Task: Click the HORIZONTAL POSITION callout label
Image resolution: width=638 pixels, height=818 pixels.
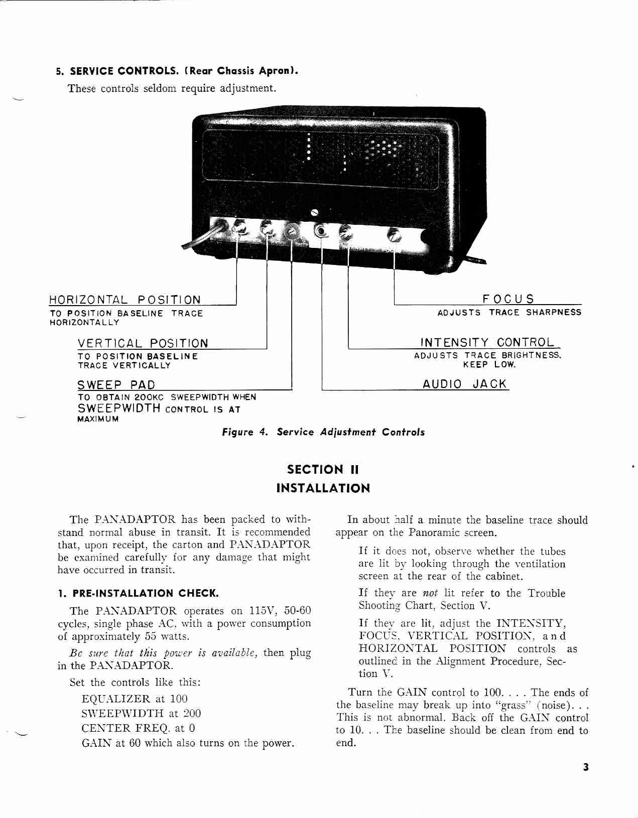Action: tap(124, 300)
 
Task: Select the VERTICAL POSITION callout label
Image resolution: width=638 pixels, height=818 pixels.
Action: tap(143, 343)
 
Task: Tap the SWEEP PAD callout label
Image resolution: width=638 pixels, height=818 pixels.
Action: tap(116, 385)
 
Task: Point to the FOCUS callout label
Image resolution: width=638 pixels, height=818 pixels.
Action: tap(508, 299)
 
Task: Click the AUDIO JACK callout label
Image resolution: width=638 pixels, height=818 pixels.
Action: tap(465, 384)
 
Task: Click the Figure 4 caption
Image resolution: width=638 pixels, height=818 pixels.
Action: tap(323, 432)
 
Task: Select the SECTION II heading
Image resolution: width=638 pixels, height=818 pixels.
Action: tap(323, 469)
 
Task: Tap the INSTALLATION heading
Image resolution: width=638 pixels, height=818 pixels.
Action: tap(323, 488)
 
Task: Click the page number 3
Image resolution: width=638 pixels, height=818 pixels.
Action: tap(585, 767)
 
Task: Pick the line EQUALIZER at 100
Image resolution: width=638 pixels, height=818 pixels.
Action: tap(135, 699)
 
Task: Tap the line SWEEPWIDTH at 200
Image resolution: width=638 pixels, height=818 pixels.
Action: tap(141, 713)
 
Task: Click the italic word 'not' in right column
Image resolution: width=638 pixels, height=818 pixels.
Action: tap(430, 593)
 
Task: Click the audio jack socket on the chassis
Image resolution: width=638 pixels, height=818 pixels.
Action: tap(321, 231)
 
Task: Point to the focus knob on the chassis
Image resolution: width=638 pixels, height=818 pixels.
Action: tap(394, 234)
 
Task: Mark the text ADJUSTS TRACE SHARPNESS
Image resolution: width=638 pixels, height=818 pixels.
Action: tap(509, 312)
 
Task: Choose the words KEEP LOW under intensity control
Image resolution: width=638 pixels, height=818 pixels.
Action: tap(489, 365)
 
